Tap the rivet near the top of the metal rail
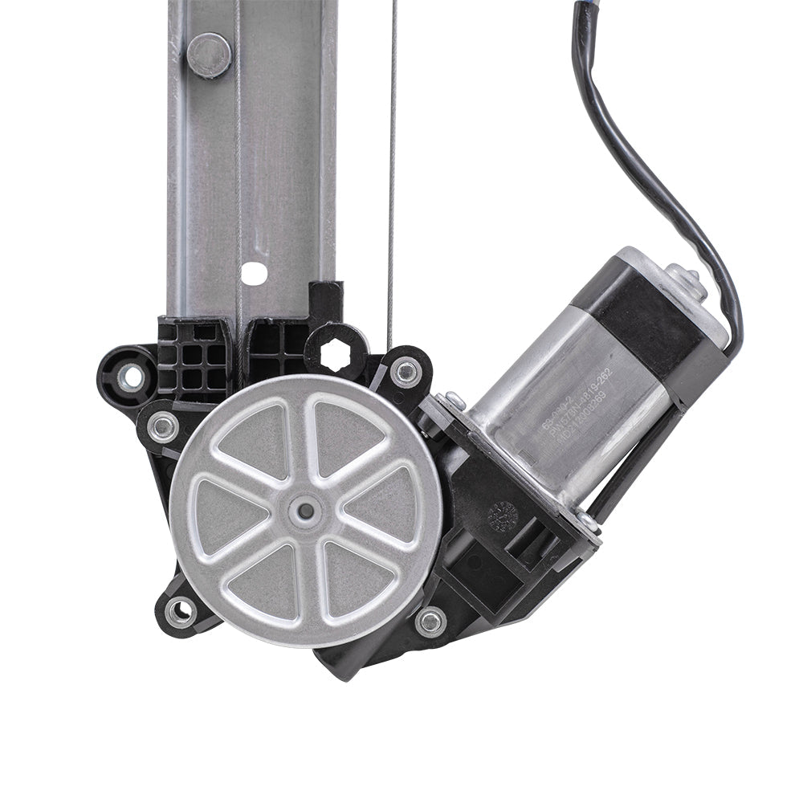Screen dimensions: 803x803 [x=209, y=55]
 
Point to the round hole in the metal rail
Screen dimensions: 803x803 [x=254, y=273]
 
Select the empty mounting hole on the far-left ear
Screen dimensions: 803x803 [x=132, y=375]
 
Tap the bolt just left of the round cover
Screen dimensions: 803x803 [x=163, y=427]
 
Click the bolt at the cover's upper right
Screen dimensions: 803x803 [x=406, y=372]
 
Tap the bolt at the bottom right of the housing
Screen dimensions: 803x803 [x=431, y=621]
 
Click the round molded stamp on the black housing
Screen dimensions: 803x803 [x=503, y=516]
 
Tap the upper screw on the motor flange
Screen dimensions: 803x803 [x=455, y=399]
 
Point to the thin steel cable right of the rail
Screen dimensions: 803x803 [x=392, y=161]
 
